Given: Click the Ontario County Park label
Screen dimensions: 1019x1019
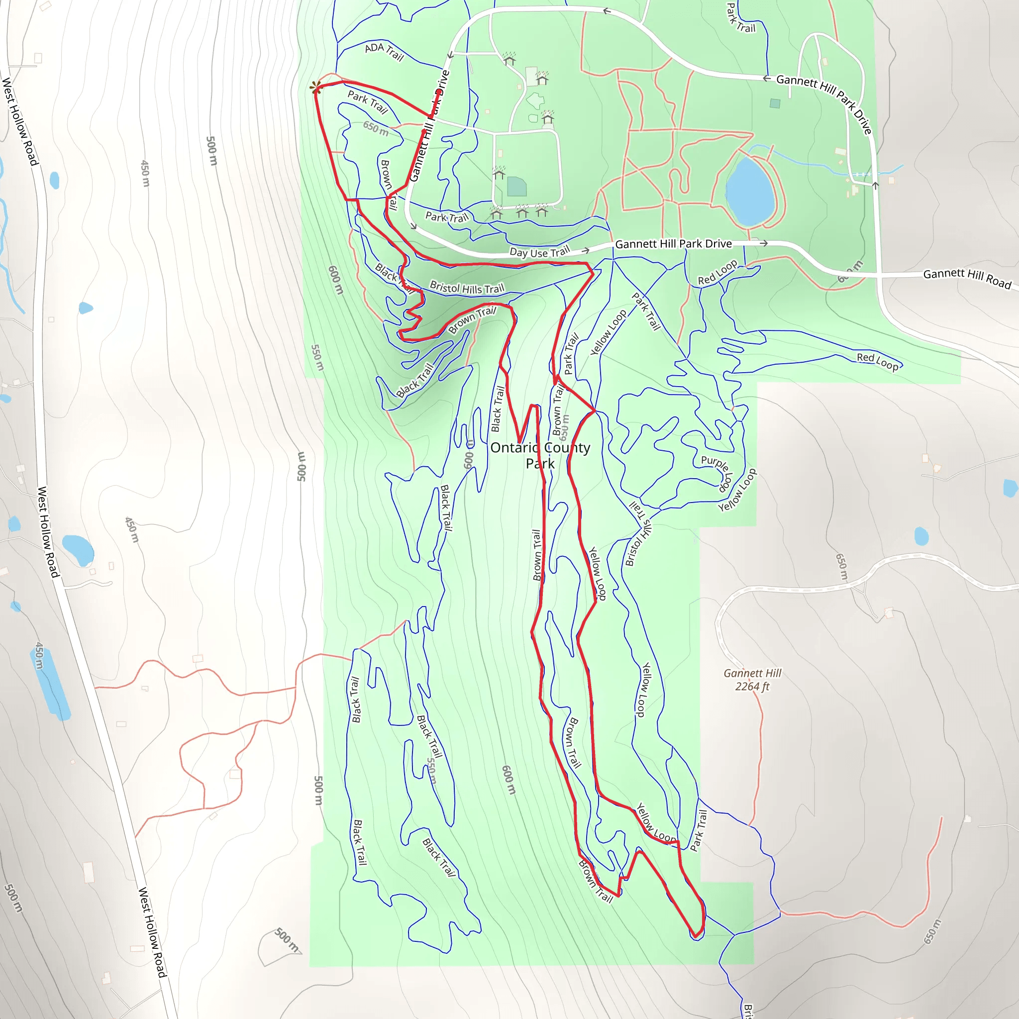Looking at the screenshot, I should (x=540, y=455).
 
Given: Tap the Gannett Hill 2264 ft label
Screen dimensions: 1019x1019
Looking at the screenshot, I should (x=752, y=679).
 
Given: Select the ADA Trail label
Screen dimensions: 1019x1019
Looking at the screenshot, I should (x=384, y=51).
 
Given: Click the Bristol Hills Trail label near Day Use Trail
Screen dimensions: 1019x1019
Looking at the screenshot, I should (x=467, y=288).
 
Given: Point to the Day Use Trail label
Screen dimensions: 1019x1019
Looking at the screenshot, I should (x=539, y=252).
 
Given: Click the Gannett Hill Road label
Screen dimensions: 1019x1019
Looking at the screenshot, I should (x=967, y=278).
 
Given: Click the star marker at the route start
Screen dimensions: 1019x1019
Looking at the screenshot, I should (x=316, y=88).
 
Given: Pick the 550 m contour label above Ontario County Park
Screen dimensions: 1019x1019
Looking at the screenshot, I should (x=316, y=357).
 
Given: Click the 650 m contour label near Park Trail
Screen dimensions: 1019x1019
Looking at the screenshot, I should (x=376, y=128).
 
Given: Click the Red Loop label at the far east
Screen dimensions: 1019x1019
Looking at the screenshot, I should (x=877, y=361).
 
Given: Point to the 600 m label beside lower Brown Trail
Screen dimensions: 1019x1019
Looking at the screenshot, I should (x=509, y=780).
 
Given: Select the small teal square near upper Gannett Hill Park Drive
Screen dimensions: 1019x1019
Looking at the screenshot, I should (x=775, y=103).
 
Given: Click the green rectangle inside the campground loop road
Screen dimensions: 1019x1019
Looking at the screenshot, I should (x=516, y=186).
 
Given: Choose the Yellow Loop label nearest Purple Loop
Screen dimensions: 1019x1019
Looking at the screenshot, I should (x=737, y=490).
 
